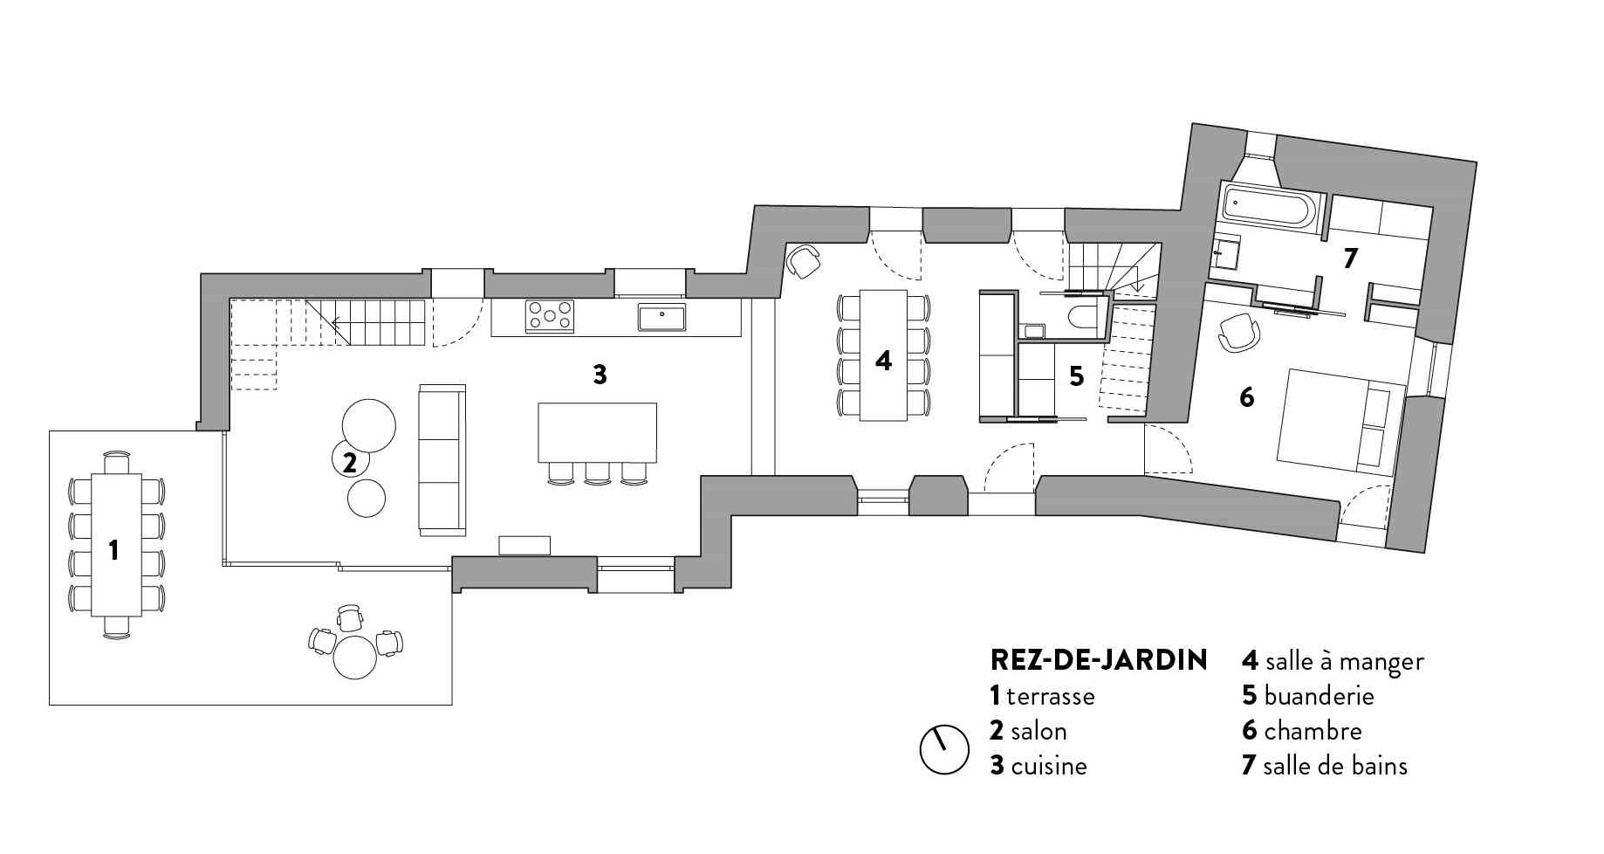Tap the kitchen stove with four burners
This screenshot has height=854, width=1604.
pyautogui.click(x=550, y=315)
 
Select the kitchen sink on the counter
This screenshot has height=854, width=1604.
pyautogui.click(x=661, y=316)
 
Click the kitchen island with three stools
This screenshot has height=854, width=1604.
pyautogui.click(x=597, y=432)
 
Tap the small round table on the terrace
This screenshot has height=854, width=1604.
pyautogui.click(x=355, y=657)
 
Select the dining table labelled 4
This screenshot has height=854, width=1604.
pyautogui.click(x=883, y=355)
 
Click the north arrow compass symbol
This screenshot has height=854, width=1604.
pyautogui.click(x=944, y=749)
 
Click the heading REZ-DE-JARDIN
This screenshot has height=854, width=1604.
pyautogui.click(x=1099, y=660)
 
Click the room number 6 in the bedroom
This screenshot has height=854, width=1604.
pyautogui.click(x=1247, y=397)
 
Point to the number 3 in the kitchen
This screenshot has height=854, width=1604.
pyautogui.click(x=600, y=374)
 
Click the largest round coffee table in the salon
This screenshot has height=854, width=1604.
pyautogui.click(x=368, y=425)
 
